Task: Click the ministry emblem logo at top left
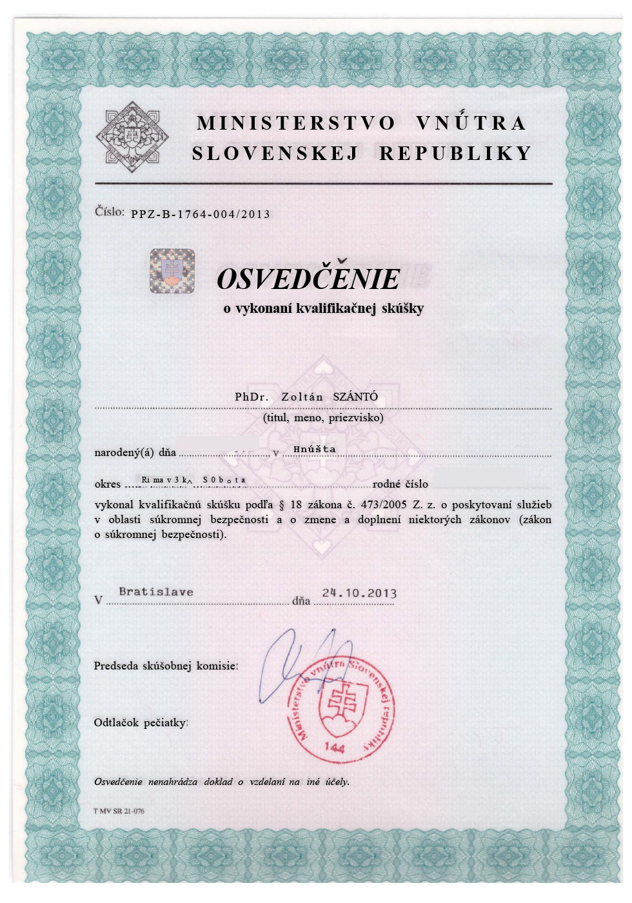132,137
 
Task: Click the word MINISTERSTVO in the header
296,123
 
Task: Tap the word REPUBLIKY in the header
455,154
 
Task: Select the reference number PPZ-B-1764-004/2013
201,214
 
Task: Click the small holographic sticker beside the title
172,271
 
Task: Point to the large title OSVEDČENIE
308,279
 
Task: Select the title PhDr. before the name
252,397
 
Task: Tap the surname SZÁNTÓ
355,397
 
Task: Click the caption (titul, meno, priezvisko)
323,417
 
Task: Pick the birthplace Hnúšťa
315,449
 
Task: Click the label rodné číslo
400,484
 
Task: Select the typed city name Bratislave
156,591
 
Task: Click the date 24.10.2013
359,593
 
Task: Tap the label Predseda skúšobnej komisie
166,666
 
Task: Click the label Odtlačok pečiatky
141,722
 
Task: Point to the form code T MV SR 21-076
119,811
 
